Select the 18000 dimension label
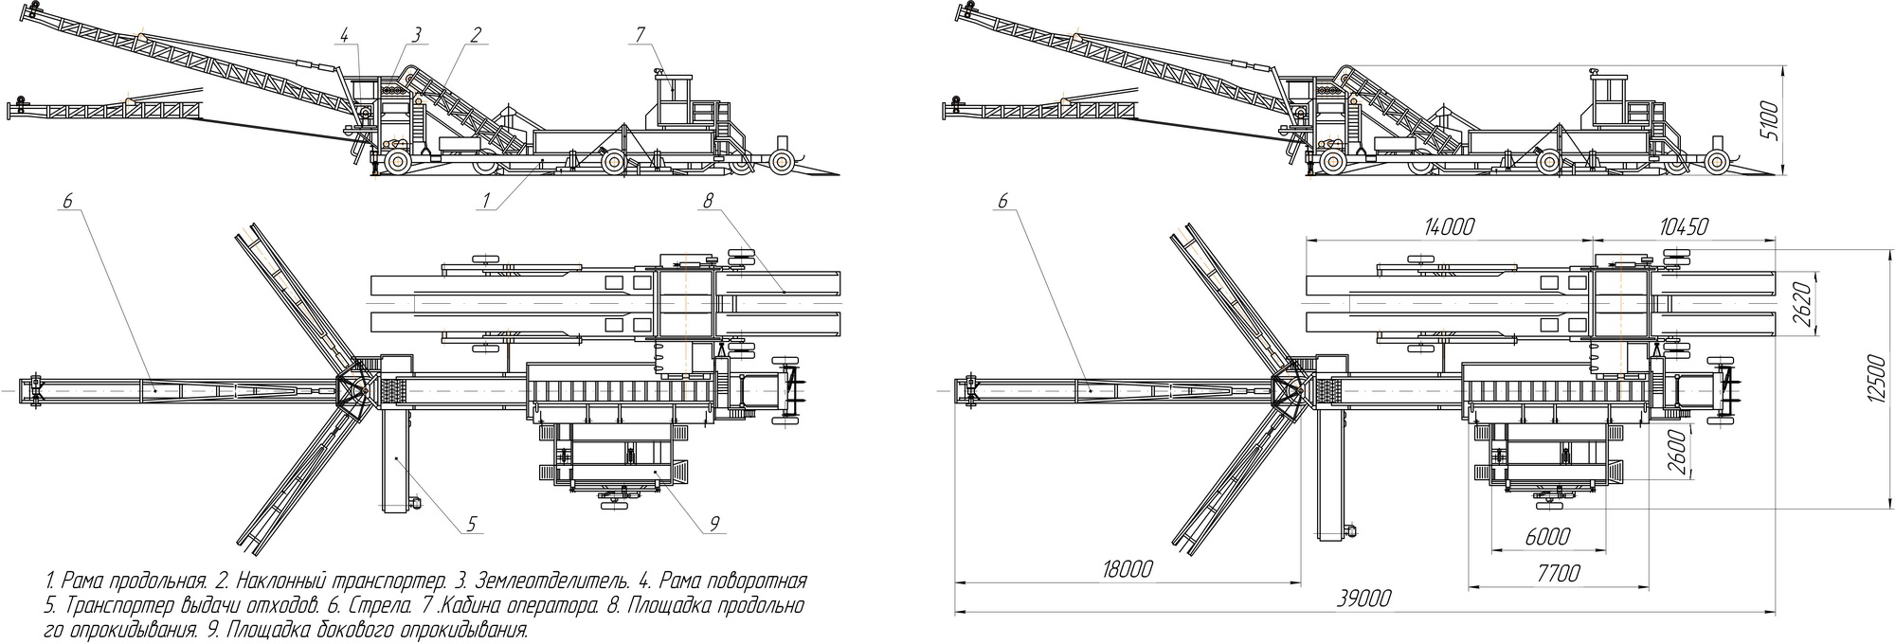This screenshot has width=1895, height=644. (1128, 569)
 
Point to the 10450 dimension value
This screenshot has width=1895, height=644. (1684, 226)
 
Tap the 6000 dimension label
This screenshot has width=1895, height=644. (1547, 536)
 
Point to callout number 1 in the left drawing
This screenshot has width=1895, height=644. (486, 200)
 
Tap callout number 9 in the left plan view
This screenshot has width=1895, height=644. (714, 523)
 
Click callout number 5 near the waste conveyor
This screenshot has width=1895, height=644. (472, 523)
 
